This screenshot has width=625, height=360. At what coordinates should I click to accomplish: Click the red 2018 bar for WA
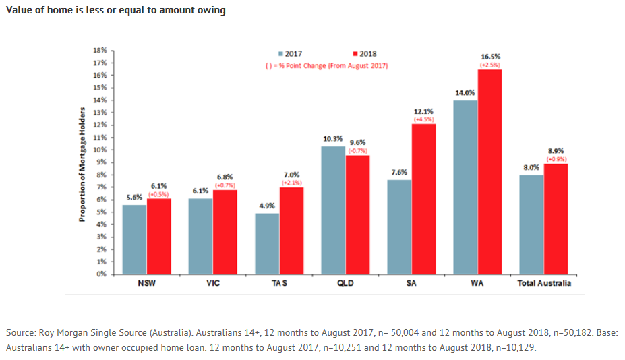point(489,172)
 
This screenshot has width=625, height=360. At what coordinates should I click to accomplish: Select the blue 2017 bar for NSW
point(134,239)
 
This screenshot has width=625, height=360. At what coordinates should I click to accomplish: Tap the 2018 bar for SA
point(423,199)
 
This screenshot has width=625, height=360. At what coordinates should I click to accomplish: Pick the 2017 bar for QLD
point(333,210)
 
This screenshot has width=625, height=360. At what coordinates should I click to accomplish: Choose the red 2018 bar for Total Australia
point(556,219)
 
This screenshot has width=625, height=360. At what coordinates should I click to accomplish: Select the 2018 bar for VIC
point(225,232)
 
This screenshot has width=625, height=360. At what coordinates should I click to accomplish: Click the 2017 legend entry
point(291,53)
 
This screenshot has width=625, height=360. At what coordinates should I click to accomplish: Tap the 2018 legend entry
point(365,53)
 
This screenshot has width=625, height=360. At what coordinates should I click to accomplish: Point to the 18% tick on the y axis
point(99,50)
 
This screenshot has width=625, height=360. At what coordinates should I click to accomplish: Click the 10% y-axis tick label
point(99,150)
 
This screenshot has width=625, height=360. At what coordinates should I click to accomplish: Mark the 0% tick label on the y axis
point(100,274)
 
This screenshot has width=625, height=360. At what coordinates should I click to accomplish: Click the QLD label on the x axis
point(345,283)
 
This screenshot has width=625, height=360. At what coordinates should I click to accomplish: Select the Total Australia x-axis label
point(543,283)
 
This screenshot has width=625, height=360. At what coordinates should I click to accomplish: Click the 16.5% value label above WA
point(490,56)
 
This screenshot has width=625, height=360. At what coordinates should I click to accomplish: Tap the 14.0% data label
point(465,92)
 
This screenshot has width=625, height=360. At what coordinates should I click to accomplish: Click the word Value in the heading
point(20,10)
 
